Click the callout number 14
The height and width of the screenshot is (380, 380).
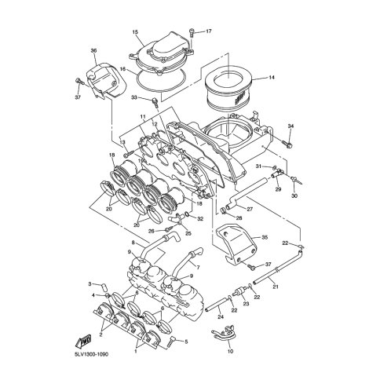pyautogui.click(x=272, y=78)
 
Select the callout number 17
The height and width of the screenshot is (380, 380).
pyautogui.click(x=208, y=31)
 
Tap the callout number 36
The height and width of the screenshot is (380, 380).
pyautogui.click(x=93, y=50)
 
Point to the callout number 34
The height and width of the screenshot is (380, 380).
pyautogui.click(x=290, y=126)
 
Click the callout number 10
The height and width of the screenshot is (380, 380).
pyautogui.click(x=231, y=351)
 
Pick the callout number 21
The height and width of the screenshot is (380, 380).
pyautogui.click(x=275, y=287)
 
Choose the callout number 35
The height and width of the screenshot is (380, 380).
pyautogui.click(x=265, y=238)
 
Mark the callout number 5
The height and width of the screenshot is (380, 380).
pyautogui.click(x=186, y=342)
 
